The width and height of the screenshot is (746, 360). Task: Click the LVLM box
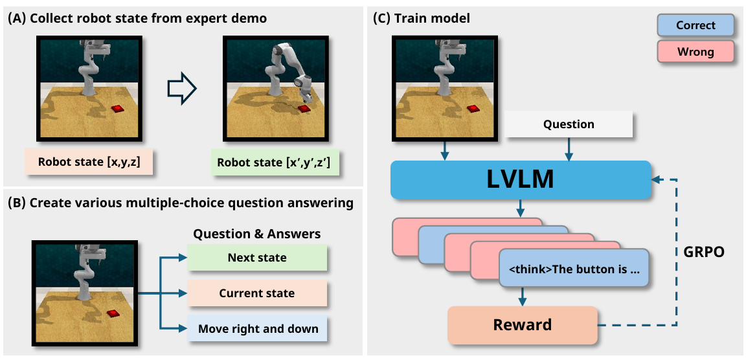coord(521,180)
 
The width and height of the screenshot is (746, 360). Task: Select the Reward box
coord(523,325)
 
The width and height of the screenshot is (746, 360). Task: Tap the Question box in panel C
coord(569,124)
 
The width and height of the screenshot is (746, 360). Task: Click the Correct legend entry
coord(695,25)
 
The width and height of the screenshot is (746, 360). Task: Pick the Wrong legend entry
coord(695,51)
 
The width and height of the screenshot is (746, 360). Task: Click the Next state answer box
coord(257,258)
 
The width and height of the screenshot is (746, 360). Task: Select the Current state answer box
coord(257,293)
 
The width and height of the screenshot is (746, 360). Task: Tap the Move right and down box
coord(257,329)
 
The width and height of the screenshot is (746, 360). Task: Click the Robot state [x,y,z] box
coord(89,161)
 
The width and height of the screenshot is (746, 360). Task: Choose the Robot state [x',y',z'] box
coord(275,162)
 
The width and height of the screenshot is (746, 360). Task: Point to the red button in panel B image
coord(113,313)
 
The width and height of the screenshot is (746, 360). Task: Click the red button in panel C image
coord(473,108)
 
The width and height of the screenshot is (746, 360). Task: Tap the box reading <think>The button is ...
coord(573,269)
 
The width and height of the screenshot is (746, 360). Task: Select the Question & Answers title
coord(256,234)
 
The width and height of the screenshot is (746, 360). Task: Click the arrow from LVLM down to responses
coord(521,208)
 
